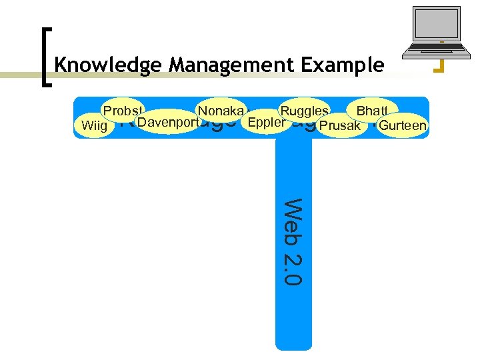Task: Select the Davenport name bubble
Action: point(169,122)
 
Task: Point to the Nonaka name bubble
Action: point(220,110)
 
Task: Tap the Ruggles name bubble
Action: point(304,110)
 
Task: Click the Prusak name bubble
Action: point(340,125)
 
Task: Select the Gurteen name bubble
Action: point(402,125)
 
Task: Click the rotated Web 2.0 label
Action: point(293,241)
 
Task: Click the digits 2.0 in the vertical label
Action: point(293,269)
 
